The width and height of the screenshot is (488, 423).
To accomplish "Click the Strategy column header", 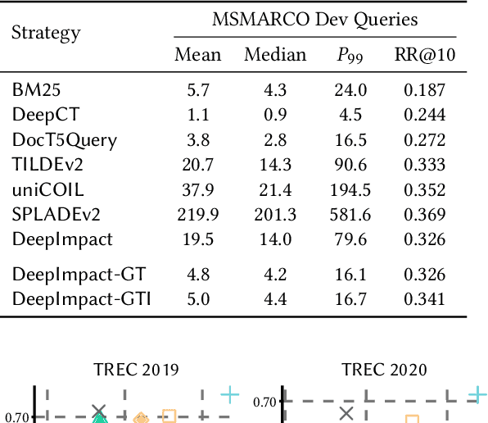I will (x=46, y=33).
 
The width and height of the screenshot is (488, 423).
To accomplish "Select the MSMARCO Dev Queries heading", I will (x=315, y=20).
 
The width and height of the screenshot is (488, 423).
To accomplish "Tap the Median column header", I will (x=275, y=55).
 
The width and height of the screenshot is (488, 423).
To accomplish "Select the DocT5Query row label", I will (x=65, y=139).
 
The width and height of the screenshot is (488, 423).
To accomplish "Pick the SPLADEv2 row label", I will (x=55, y=214).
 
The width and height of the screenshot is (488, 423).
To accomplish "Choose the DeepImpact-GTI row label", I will (x=81, y=298).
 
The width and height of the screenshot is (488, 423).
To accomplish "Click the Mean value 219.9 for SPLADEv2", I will (x=198, y=214).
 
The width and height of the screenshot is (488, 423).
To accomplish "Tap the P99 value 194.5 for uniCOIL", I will (x=355, y=189).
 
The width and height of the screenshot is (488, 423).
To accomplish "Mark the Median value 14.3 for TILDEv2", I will (x=275, y=164).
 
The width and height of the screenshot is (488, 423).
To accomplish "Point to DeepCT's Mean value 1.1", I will (x=198, y=114).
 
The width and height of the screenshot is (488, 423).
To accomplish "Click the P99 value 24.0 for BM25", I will (x=355, y=89).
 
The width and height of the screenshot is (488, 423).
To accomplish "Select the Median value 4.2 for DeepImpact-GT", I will (x=275, y=274).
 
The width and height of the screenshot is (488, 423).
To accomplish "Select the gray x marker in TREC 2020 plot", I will (x=346, y=414).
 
